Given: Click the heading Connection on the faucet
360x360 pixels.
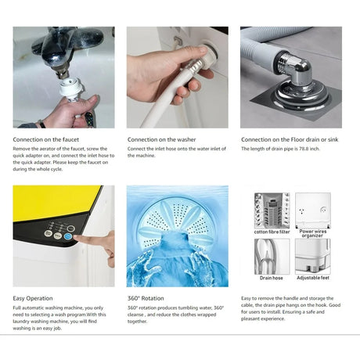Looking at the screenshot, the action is coord(46,139).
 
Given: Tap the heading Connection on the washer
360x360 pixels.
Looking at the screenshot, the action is coord(162,139).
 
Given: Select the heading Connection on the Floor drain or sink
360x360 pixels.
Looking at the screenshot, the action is coord(290,139).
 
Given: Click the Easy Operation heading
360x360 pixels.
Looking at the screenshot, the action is coord(33,298).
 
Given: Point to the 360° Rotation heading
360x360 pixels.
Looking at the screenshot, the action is coord(146,298).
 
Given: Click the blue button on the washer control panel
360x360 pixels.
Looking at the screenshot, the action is coord(68,236).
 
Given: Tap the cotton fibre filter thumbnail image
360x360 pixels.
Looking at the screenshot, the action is coord(272,211).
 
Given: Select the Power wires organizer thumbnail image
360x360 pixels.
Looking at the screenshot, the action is coord(313,211).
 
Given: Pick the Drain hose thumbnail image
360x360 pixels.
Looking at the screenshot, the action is coord(272,257).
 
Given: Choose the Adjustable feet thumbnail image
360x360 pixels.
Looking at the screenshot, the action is coord(313,257).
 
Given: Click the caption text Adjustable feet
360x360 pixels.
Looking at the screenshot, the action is coord(313,278).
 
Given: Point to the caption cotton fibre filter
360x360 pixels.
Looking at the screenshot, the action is coord(272,232).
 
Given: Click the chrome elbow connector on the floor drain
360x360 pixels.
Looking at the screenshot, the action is coord(295,69).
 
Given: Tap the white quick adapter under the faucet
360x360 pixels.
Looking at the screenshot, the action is coord(71,88).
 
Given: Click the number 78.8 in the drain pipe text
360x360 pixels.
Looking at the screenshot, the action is coord(304,149).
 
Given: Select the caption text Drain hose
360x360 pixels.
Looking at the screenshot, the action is coord(272,278).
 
